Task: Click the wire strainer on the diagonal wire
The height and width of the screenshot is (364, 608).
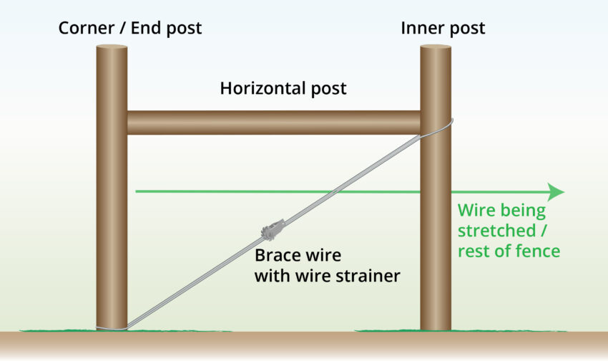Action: [273, 230]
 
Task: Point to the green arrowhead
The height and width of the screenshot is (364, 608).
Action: [556, 192]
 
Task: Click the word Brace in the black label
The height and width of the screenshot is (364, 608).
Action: [277, 255]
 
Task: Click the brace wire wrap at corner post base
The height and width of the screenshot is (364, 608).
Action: [112, 328]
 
